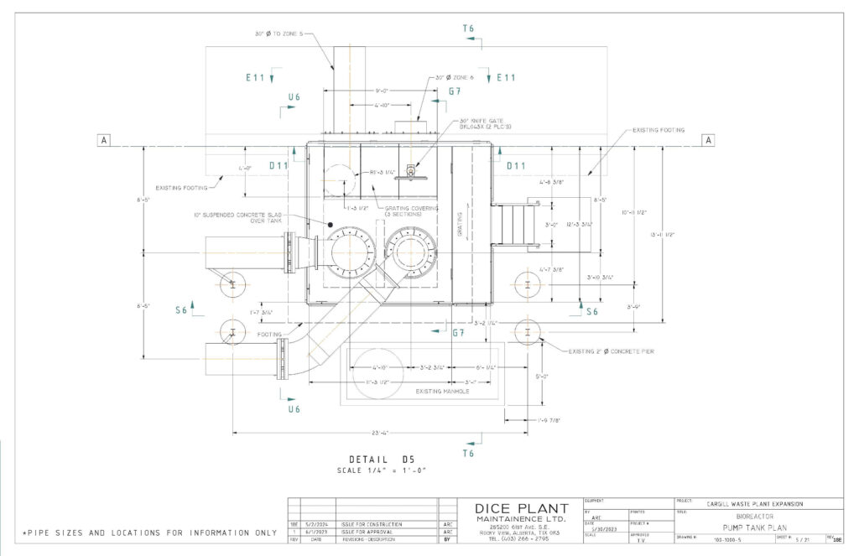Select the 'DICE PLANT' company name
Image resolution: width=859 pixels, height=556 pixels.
[x=521, y=509]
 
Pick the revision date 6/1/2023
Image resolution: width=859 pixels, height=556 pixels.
[x=319, y=532]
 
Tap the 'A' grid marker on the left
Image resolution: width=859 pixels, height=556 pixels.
[x=104, y=140]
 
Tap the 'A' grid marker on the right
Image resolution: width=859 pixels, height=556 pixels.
[x=708, y=140]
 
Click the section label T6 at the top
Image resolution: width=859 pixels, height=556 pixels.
[x=468, y=29]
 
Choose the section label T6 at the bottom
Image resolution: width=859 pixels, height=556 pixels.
[x=468, y=453]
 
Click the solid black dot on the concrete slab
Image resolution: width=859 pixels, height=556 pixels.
[x=331, y=225]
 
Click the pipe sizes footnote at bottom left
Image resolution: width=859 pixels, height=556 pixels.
[x=149, y=533]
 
